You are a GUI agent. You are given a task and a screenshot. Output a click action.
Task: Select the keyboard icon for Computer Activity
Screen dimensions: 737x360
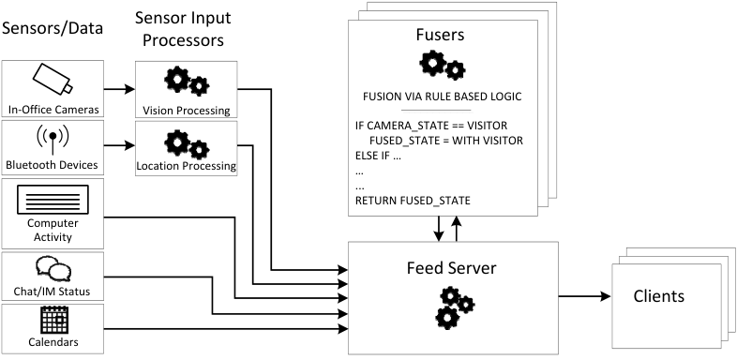[53, 200]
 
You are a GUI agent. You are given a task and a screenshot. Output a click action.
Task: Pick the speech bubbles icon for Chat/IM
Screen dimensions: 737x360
[53, 269]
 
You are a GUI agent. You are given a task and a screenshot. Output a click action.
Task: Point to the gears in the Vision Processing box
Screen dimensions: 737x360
[187, 82]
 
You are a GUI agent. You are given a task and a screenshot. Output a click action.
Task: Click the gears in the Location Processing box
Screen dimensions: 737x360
[187, 144]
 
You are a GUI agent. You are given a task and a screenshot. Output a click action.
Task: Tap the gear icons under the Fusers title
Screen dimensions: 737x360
[443, 65]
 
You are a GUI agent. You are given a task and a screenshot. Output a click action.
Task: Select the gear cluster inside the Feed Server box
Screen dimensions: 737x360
[455, 307]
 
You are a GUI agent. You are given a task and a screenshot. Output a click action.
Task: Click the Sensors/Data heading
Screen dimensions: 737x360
[53, 28]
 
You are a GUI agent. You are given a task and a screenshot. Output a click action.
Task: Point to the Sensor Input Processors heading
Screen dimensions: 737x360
[183, 29]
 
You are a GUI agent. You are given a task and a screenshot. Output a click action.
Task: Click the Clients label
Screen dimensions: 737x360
[658, 296]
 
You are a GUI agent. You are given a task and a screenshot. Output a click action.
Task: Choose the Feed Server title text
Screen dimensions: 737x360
[451, 268]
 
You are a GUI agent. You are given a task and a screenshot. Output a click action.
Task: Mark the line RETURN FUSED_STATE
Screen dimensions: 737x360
[413, 202]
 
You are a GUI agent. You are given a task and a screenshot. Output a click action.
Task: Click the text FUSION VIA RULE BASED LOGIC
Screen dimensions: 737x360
[443, 97]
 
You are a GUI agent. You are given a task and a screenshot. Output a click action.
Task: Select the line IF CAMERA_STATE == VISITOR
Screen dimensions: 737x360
[431, 126]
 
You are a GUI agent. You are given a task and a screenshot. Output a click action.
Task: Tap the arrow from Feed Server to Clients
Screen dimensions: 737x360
[584, 296]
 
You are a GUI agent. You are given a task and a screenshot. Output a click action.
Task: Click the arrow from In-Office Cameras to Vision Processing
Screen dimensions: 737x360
[119, 89]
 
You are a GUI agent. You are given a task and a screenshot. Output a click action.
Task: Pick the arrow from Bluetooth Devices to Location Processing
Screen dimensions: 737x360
[119, 145]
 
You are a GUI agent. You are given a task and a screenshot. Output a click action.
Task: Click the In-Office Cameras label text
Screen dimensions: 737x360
[53, 110]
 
